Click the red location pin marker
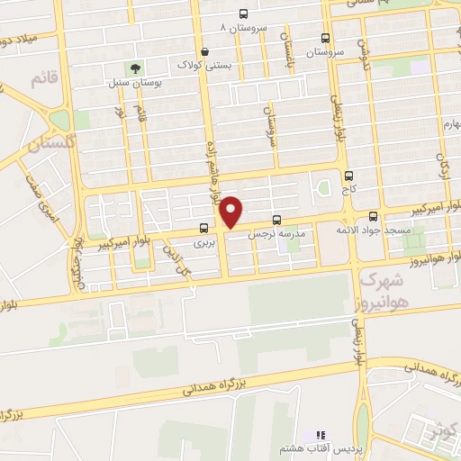click(232, 212)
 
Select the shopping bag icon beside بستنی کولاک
click(208, 50)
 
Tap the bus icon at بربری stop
click(204, 229)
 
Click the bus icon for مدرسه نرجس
click(276, 219)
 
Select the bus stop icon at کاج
click(349, 176)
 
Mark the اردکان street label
click(442, 164)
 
